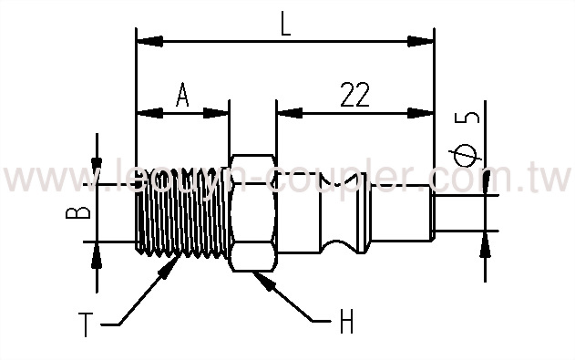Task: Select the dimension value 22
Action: [x=358, y=94]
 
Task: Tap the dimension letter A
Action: [x=181, y=95]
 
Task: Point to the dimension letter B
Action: [x=82, y=213]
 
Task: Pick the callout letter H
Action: [x=346, y=322]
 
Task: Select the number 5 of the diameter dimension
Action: [x=469, y=118]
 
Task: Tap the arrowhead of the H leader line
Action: [x=264, y=277]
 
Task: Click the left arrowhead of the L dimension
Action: [x=146, y=40]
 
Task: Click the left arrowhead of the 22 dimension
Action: [x=286, y=114]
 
